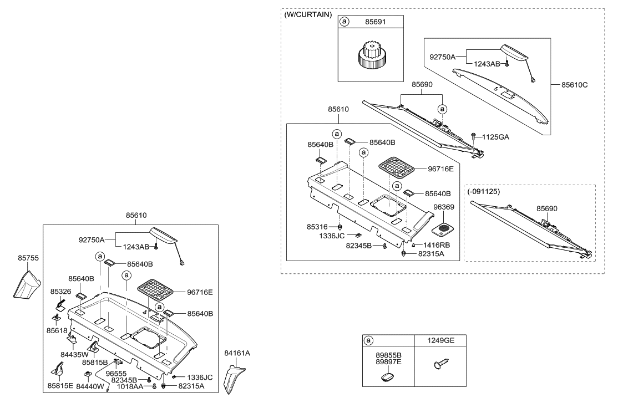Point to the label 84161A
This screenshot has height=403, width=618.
[237, 352]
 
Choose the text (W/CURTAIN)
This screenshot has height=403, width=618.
[308, 15]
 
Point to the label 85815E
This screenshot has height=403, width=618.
[59, 385]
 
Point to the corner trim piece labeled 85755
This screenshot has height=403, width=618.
[27, 283]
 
